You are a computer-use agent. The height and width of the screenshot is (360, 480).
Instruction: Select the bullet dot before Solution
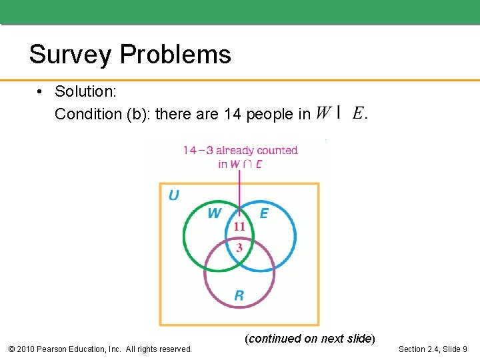[41, 91]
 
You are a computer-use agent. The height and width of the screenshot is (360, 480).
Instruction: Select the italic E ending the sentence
[357, 113]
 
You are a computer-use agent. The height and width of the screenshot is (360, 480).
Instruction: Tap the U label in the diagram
[173, 195]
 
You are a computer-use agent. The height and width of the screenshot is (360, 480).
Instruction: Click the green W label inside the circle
[214, 213]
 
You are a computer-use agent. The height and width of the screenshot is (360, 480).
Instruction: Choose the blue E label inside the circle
[264, 213]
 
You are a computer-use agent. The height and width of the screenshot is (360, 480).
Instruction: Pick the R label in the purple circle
[239, 295]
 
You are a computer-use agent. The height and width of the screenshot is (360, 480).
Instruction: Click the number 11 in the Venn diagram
[239, 227]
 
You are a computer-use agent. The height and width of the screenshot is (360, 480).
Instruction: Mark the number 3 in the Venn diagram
[239, 247]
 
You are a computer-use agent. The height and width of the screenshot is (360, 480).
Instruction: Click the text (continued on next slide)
[310, 339]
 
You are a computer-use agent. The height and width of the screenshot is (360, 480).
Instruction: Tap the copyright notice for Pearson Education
[99, 349]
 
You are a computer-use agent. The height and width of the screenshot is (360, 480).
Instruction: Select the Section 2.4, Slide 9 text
[433, 349]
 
